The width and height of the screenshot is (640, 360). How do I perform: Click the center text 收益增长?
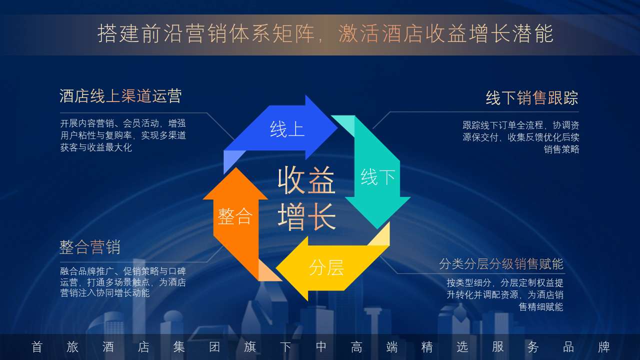(306, 198)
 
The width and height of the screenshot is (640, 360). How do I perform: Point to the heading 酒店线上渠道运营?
(120, 96)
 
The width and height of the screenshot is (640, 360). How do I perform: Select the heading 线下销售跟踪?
(532, 98)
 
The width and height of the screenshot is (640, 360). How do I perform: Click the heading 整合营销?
(90, 247)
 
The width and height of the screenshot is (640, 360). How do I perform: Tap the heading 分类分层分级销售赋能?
(501, 263)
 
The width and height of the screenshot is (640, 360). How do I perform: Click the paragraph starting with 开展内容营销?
(123, 135)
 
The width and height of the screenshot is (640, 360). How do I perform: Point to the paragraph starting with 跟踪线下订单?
(520, 137)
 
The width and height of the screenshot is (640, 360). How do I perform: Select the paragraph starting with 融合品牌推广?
(123, 282)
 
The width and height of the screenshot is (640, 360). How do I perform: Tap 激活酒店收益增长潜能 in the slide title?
(446, 34)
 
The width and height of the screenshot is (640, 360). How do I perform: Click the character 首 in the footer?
(37, 347)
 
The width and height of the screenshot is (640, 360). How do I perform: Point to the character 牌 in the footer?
(604, 347)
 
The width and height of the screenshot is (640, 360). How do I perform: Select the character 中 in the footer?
(321, 347)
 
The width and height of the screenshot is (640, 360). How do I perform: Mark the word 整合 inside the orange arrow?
(235, 216)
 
